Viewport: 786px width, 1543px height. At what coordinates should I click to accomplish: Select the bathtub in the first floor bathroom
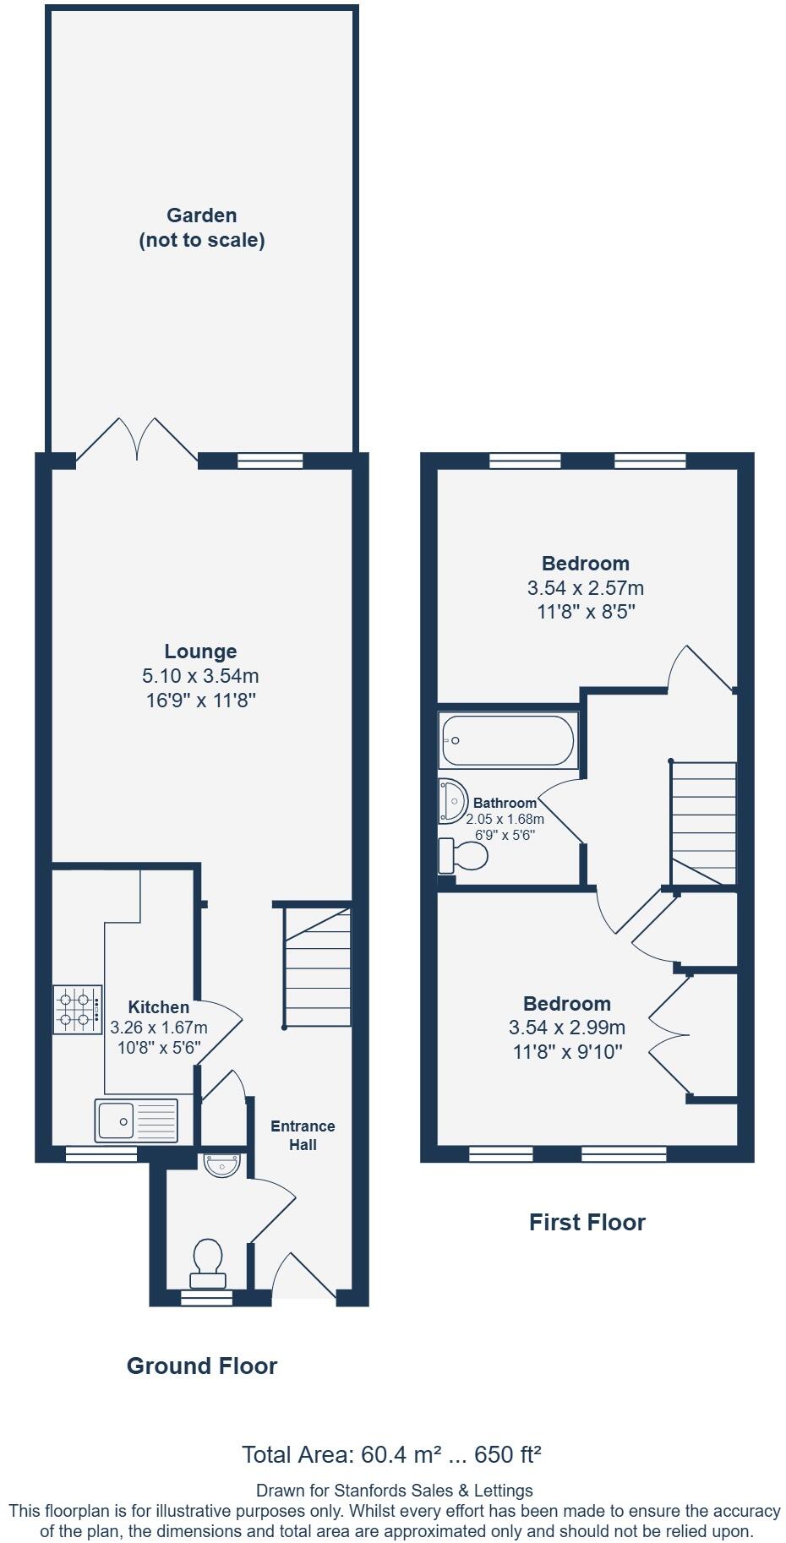pyautogui.click(x=507, y=741)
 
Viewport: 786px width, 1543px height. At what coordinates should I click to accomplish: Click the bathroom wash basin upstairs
pyautogui.click(x=452, y=800)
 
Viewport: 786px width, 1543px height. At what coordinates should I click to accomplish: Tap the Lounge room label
pyautogui.click(x=200, y=652)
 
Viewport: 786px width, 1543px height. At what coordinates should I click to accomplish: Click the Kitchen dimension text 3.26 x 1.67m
pyautogui.click(x=159, y=1028)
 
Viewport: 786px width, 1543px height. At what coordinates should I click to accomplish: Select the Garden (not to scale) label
pyautogui.click(x=201, y=227)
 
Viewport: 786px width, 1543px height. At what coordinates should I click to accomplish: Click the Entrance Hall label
pyautogui.click(x=303, y=1135)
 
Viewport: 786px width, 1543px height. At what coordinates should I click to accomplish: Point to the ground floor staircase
pyautogui.click(x=317, y=968)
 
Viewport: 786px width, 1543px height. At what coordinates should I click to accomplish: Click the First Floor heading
pyautogui.click(x=587, y=1222)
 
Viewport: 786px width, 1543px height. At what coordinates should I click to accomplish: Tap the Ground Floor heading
pyautogui.click(x=201, y=1366)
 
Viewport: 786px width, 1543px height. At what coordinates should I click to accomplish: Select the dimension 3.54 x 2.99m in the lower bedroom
pyautogui.click(x=566, y=1028)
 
